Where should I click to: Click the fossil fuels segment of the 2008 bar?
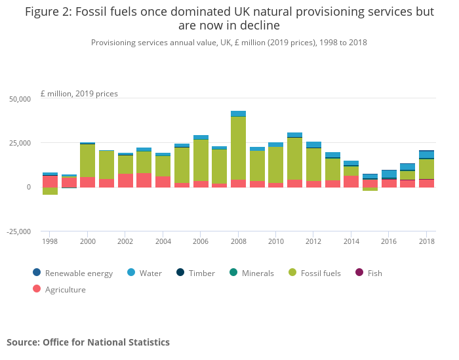(238, 148)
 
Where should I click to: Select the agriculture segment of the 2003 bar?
(144, 180)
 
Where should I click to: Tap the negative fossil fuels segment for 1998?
(50, 191)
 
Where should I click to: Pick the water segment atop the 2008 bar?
(238, 113)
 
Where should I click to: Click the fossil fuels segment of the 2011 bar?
(294, 158)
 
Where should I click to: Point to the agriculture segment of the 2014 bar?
(351, 181)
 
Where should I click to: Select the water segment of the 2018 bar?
(427, 155)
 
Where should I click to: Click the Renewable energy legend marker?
(37, 273)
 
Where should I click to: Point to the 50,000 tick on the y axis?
(20, 99)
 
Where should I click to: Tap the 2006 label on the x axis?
(201, 242)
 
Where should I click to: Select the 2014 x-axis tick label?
(351, 242)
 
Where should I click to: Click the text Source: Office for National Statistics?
(88, 342)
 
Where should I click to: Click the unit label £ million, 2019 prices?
(79, 94)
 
